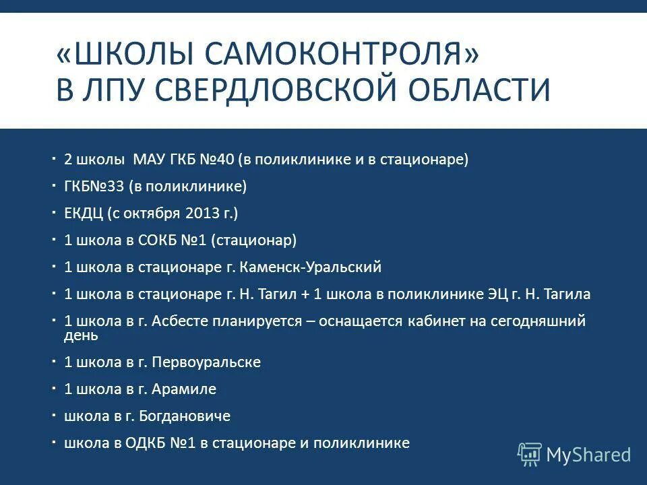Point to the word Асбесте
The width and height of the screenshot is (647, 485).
coord(181,321)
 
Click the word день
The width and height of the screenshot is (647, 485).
coord(81,335)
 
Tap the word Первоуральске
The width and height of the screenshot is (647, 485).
coord(206,362)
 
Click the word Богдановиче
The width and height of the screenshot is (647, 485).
coord(185,416)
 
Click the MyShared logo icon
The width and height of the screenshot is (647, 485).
coord(529,454)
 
